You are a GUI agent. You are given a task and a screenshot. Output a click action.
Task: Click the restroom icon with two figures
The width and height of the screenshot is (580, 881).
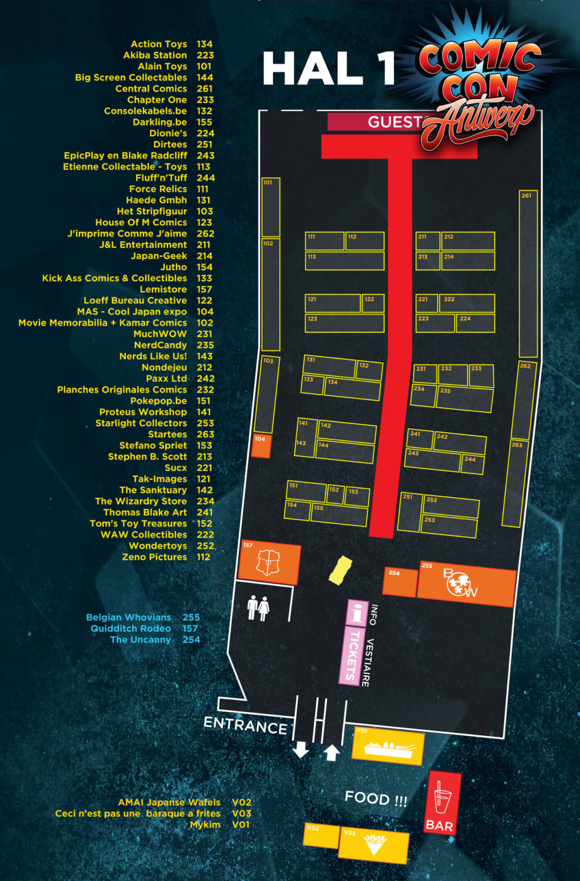click(x=259, y=608)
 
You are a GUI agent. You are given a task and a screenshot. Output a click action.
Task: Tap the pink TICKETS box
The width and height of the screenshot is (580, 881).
click(x=352, y=655)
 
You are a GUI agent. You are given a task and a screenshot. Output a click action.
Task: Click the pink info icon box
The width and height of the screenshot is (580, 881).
click(x=356, y=612)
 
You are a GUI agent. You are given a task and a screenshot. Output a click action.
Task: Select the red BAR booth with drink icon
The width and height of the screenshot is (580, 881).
click(x=442, y=803)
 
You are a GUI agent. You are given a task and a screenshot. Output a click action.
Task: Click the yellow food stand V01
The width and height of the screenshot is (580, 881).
click(x=388, y=747)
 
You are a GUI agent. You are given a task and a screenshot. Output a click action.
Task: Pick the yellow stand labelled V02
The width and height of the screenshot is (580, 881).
click(x=320, y=835)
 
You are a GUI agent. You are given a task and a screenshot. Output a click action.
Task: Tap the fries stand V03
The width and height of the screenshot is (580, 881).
click(x=374, y=844)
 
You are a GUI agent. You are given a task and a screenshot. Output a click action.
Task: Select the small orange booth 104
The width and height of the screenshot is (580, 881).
click(x=261, y=446)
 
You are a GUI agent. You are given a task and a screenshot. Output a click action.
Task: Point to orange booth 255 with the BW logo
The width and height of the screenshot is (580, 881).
click(x=466, y=584)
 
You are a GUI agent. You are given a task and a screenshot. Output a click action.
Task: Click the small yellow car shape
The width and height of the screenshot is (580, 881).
click(x=339, y=570)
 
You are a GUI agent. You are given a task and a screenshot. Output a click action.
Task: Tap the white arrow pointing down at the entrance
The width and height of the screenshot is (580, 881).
click(x=301, y=749)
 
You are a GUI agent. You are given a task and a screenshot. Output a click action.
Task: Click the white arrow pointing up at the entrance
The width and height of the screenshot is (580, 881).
click(x=332, y=752)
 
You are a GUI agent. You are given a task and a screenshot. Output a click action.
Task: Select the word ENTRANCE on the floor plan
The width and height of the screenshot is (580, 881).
click(x=246, y=725)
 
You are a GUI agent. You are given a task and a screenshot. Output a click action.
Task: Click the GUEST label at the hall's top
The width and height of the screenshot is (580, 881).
click(x=393, y=122)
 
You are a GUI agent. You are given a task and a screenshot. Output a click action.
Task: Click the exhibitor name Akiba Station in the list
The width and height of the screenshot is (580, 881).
click(x=155, y=55)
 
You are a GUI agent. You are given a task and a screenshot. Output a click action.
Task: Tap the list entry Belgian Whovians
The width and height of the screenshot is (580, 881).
click(x=128, y=617)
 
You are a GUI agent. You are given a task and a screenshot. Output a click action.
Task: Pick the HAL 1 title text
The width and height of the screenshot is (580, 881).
click(x=329, y=69)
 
